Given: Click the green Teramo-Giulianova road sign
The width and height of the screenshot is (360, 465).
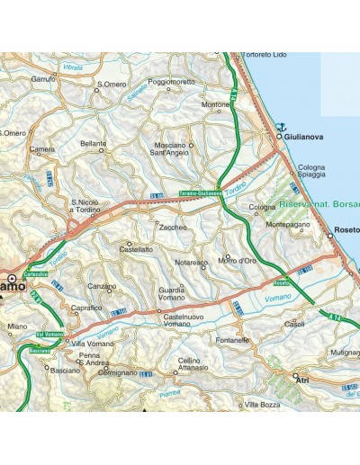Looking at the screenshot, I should point(200,192).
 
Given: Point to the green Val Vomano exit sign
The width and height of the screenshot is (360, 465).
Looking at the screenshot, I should point(48,335).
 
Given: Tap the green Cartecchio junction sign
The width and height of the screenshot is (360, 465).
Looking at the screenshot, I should point(35,274).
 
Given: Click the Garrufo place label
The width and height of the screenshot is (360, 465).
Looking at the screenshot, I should point(43,79).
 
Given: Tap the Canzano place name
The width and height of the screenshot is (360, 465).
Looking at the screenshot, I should point(101,287).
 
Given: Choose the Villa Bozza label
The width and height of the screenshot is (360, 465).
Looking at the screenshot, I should point(264,405).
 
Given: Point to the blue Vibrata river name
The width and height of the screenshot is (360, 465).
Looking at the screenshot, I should point(73,68).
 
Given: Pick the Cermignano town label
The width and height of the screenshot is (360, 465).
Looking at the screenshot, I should point(117,371).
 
